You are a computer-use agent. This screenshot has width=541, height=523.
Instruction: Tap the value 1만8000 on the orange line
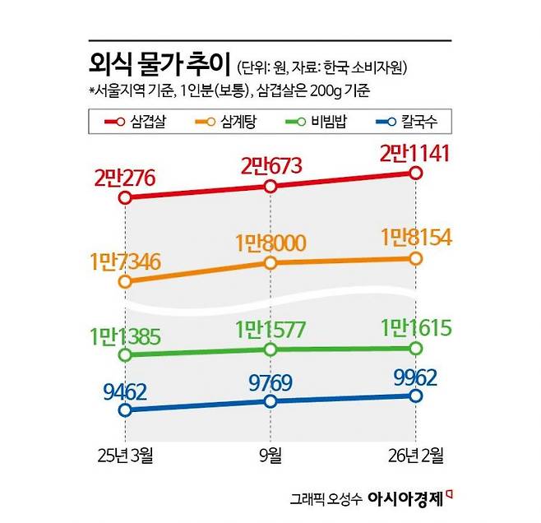[x=270, y=243]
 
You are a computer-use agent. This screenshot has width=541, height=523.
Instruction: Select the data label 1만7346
[x=125, y=261]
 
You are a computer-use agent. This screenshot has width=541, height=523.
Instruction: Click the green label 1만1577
[x=270, y=330]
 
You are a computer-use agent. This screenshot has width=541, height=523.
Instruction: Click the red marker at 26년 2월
[x=415, y=174]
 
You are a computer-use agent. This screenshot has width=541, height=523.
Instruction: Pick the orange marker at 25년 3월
[x=125, y=281]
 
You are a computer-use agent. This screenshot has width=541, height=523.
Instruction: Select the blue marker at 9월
[x=270, y=400]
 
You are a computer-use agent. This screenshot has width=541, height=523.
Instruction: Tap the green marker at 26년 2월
[x=415, y=349]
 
